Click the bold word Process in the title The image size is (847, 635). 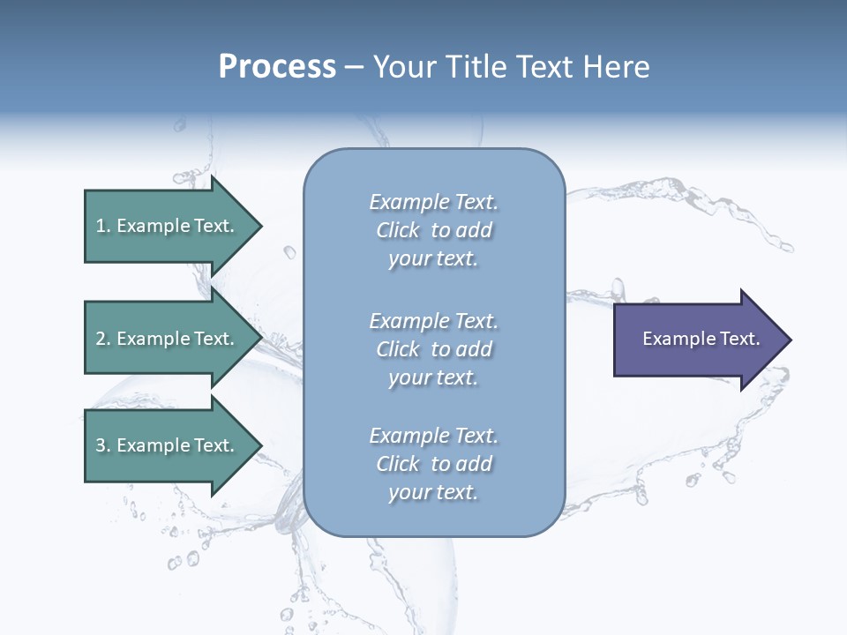pyautogui.click(x=277, y=66)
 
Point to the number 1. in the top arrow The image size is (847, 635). pyautogui.click(x=103, y=226)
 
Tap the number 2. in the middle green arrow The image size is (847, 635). pyautogui.click(x=103, y=339)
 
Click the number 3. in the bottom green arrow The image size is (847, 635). pyautogui.click(x=103, y=445)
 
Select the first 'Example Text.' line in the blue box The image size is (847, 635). pyautogui.click(x=433, y=202)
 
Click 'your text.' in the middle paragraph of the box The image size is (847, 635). pyautogui.click(x=433, y=377)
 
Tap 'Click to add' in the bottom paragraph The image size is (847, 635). pyautogui.click(x=433, y=464)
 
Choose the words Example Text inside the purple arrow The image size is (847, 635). pyautogui.click(x=701, y=339)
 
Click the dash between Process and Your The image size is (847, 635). pyautogui.click(x=354, y=67)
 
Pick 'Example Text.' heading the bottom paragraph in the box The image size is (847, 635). pyautogui.click(x=433, y=436)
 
